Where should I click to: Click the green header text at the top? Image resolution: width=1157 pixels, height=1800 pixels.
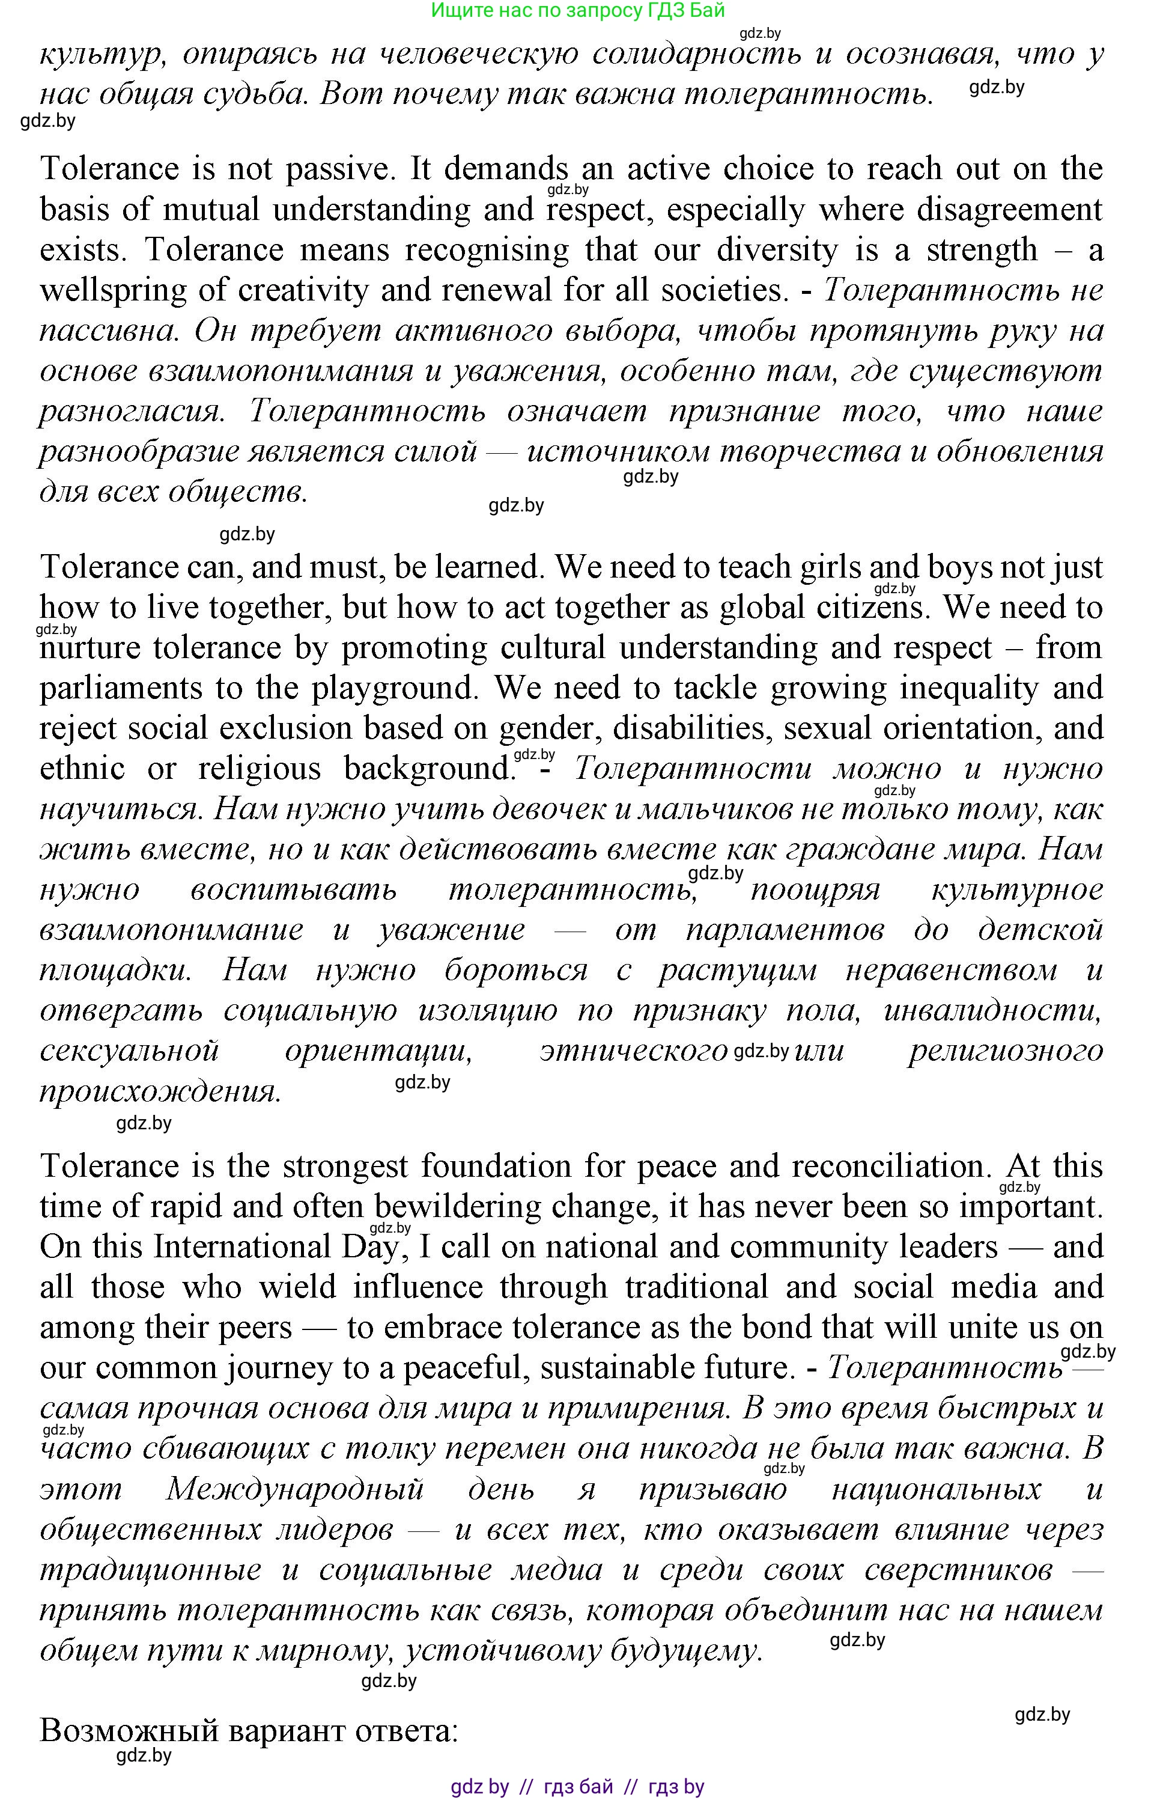(578, 11)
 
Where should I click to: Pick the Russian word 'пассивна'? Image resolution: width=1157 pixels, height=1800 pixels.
(108, 331)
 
